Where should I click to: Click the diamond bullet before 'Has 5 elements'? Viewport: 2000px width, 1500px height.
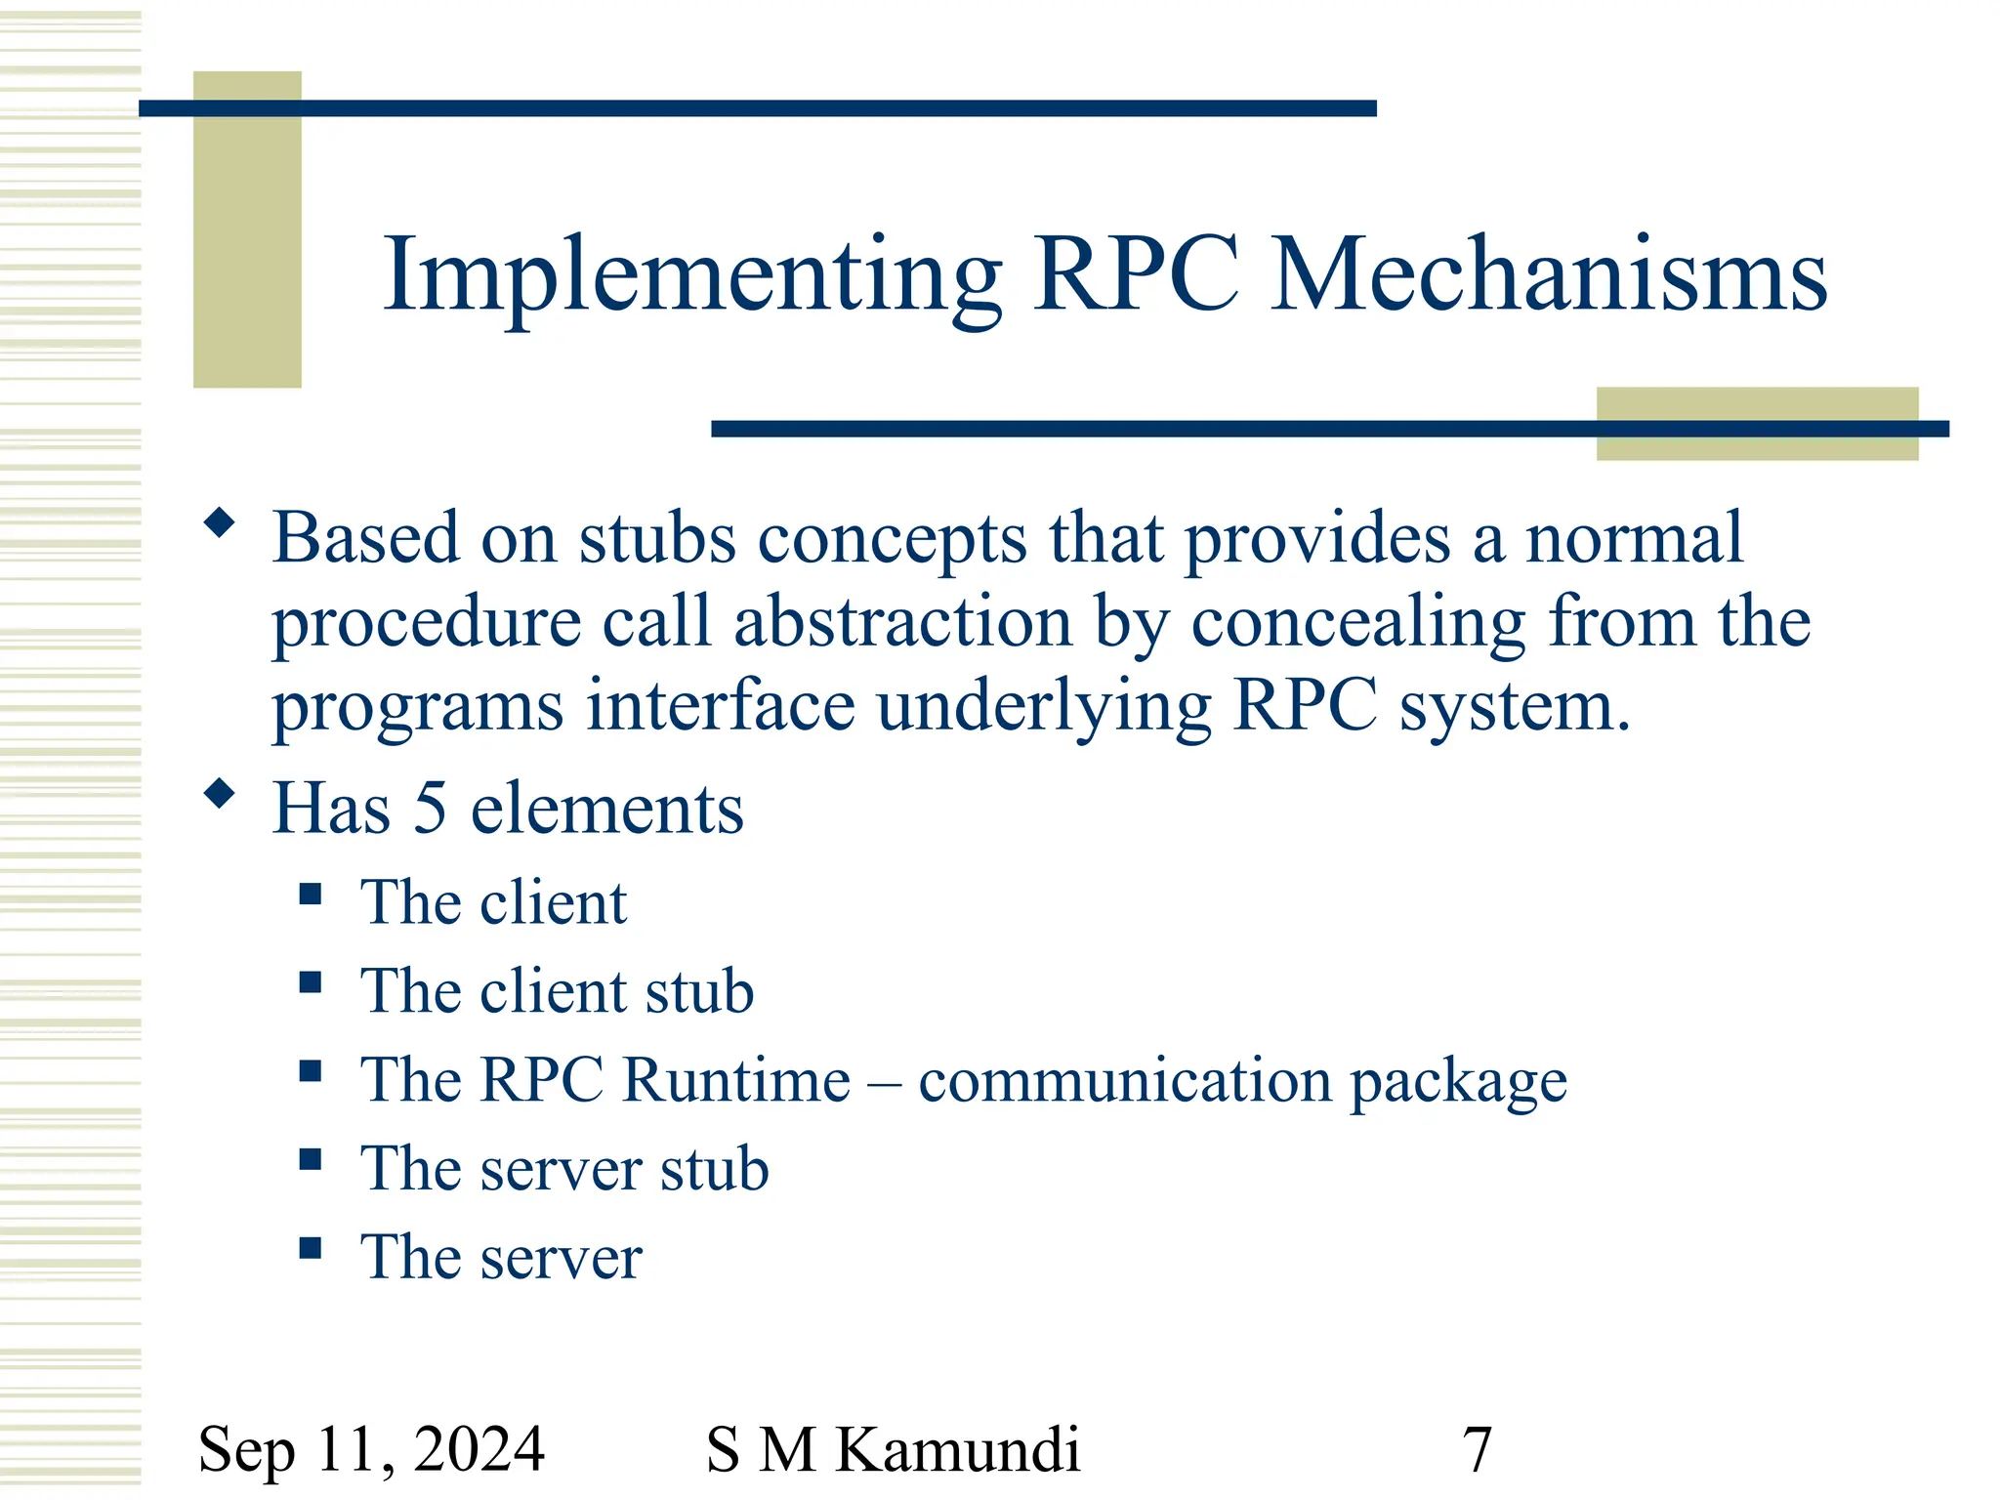[220, 793]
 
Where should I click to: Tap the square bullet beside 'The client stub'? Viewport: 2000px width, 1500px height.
[311, 982]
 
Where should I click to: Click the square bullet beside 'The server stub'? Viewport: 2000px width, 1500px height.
[311, 1159]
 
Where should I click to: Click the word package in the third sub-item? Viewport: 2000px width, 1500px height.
[1459, 1082]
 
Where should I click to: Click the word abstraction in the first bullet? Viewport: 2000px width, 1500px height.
[902, 622]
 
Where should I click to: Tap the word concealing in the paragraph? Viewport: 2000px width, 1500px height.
[1358, 622]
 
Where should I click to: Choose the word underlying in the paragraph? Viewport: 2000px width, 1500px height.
[1044, 707]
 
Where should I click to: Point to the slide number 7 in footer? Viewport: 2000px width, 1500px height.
[1477, 1449]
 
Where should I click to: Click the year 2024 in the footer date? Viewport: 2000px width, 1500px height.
[479, 1449]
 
